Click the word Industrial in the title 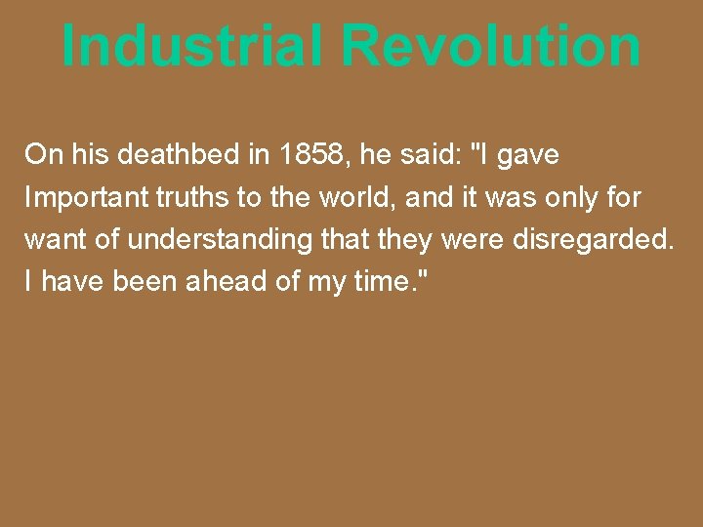pos(191,45)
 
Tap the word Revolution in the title pos(491,45)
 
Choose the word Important pos(83,198)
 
